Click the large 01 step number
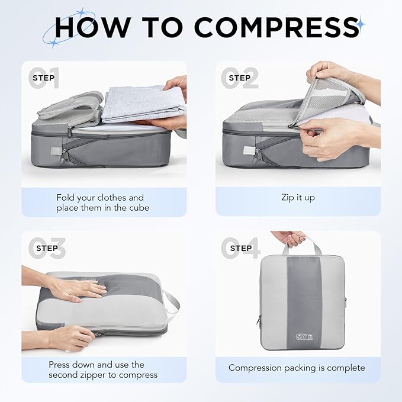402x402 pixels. click(x=45, y=79)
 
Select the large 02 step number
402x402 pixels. click(x=239, y=79)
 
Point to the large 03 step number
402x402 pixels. click(x=45, y=249)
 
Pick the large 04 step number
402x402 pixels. click(x=239, y=249)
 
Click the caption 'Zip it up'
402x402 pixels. click(x=298, y=197)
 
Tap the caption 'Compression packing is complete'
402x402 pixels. click(x=297, y=368)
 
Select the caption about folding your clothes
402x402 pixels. click(x=100, y=202)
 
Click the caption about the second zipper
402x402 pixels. click(x=103, y=369)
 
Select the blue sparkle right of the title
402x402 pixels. click(x=361, y=24)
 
